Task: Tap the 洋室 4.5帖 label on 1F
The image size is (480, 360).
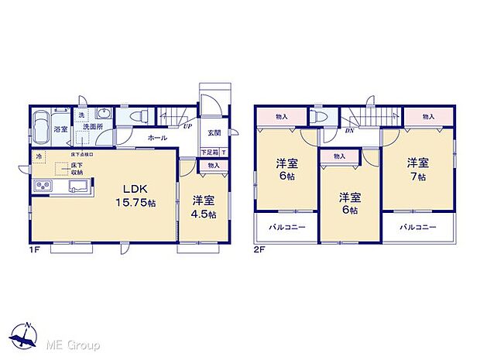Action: (204, 207)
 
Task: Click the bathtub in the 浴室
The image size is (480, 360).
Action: (42, 125)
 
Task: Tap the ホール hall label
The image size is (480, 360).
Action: (158, 138)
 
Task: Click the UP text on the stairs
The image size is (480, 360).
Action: (188, 125)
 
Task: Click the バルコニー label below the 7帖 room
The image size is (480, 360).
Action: (418, 228)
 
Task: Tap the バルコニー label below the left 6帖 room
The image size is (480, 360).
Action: (287, 228)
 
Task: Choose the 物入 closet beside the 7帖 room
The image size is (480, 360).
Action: (428, 116)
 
